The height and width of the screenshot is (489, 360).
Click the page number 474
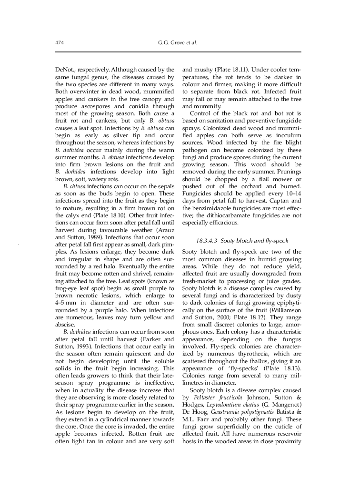coord(60,43)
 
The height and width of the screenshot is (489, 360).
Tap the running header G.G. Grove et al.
coord(178,43)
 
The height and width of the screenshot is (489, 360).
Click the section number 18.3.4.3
coord(207,241)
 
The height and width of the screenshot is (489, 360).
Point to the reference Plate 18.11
coord(225,69)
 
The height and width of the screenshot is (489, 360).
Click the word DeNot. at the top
coord(65,69)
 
